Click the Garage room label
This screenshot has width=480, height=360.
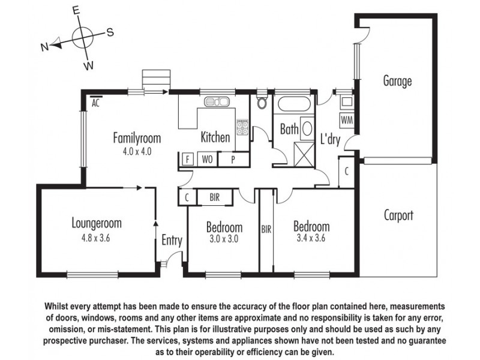point(397,81)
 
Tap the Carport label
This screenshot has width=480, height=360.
point(398,215)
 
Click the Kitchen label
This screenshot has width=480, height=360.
point(215,137)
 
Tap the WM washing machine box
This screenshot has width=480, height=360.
point(347,120)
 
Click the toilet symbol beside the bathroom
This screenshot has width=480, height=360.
point(262,103)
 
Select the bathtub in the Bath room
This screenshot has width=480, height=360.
point(292,106)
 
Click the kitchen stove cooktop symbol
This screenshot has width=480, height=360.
point(242,128)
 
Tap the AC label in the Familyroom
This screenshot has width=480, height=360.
point(95,103)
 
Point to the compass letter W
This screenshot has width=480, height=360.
point(88,64)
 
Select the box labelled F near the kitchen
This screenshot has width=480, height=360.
point(188,160)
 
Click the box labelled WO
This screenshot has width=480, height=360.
point(206,160)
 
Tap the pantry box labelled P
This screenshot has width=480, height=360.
point(231,160)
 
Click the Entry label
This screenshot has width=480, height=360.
point(172,241)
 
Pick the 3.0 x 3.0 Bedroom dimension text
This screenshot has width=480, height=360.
point(224,239)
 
